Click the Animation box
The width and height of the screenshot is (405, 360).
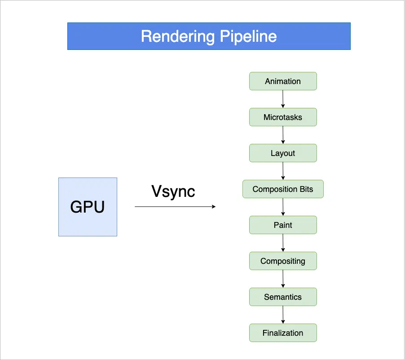coord(283,81)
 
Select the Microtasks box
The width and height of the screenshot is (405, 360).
coord(283,117)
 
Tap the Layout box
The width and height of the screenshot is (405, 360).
coord(283,153)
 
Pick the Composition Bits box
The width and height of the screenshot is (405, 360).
coord(283,189)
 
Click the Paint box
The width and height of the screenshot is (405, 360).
coord(283,225)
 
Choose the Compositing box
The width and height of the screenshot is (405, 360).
coord(283,261)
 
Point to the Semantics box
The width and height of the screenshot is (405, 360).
coord(283,297)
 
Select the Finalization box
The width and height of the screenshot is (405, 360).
coord(283,333)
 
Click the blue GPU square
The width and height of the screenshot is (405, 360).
coord(88,207)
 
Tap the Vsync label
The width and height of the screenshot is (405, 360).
coord(173,191)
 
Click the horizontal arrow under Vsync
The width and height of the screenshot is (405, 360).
coord(175,207)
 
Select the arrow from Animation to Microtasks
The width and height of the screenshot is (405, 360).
coord(283,99)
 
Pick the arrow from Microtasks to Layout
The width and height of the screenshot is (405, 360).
coord(283,135)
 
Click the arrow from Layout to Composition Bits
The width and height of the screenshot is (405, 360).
coord(283,171)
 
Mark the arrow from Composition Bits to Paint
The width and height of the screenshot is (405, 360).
coord(283,207)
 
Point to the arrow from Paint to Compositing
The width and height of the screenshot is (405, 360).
coord(283,243)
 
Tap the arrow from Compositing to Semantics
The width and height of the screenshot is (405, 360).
coord(283,279)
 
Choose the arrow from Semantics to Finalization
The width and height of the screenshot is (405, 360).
coord(283,315)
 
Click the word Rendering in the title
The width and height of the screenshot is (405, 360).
coord(172,36)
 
